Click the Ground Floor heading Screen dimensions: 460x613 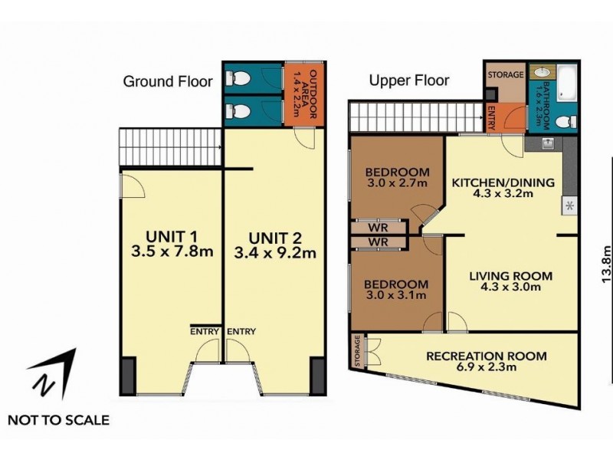tap(168, 81)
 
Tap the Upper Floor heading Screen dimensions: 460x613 tap(409, 80)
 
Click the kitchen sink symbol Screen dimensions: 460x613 tap(548, 142)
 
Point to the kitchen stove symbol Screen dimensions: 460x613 tap(570, 205)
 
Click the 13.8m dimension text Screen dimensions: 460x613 tap(605, 264)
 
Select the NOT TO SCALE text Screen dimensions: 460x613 tap(58, 419)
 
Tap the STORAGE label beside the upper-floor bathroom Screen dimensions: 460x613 tap(506, 75)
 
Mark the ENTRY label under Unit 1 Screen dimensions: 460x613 tap(205, 331)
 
